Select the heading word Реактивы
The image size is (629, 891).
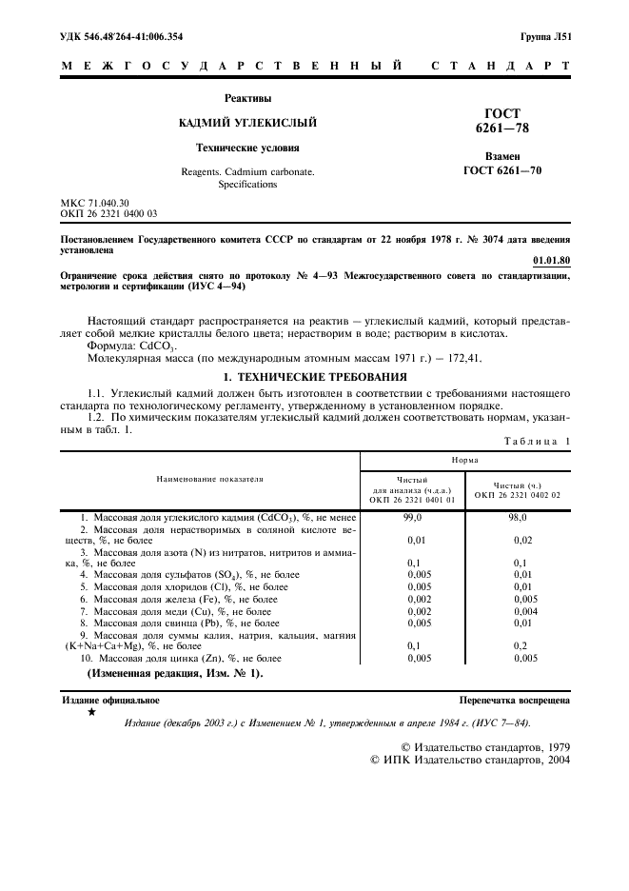point(247,98)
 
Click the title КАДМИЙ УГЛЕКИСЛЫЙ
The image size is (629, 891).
point(247,123)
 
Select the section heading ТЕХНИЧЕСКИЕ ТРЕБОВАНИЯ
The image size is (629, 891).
point(324,377)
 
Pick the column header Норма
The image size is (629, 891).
point(464,459)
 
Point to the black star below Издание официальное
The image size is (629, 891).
point(91,711)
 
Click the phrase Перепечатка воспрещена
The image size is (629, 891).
point(514,700)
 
